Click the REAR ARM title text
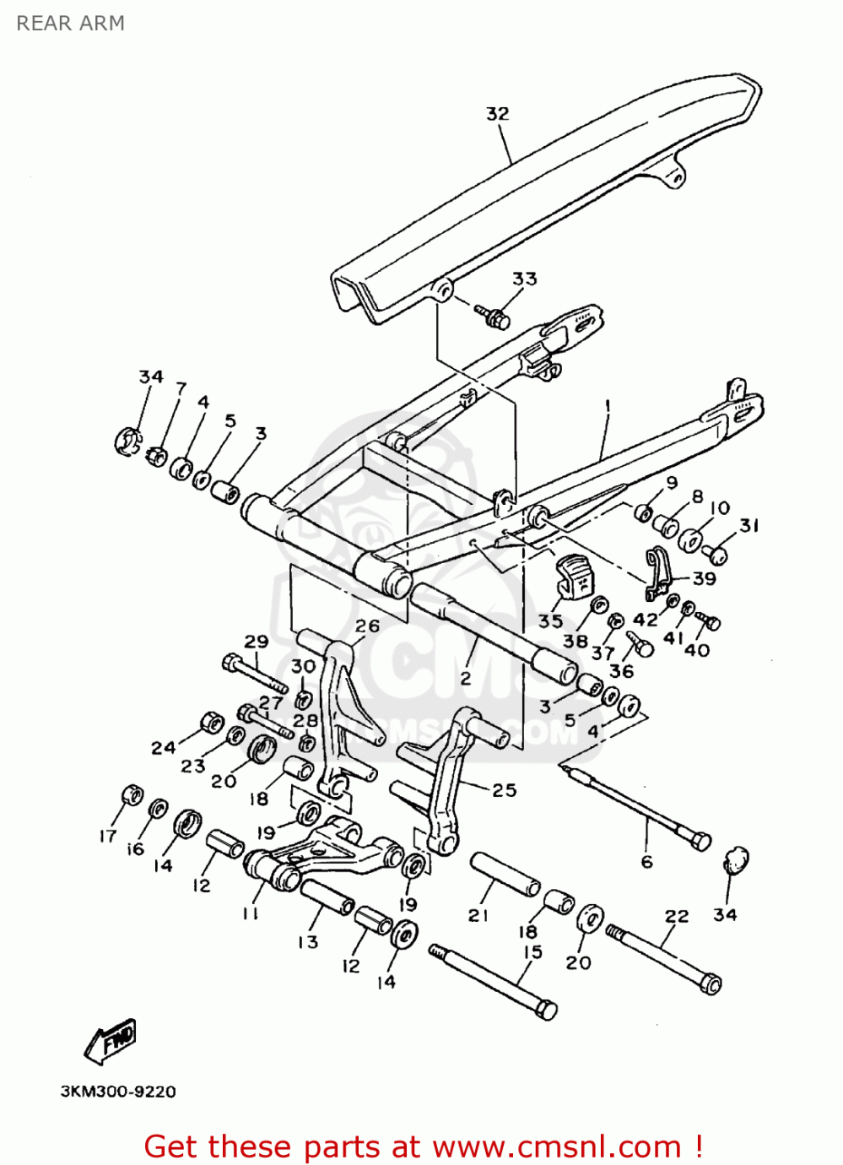71,24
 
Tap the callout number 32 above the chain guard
498,114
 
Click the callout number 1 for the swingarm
606,406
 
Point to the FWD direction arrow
111,1040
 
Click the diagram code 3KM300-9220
118,1092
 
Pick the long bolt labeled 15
494,980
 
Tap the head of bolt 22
711,983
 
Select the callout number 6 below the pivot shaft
646,861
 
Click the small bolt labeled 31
716,554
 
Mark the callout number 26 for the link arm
367,626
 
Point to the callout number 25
504,790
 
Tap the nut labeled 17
132,795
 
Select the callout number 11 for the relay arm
250,913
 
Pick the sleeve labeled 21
505,874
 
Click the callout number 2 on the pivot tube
465,677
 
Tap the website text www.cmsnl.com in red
556,1146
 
